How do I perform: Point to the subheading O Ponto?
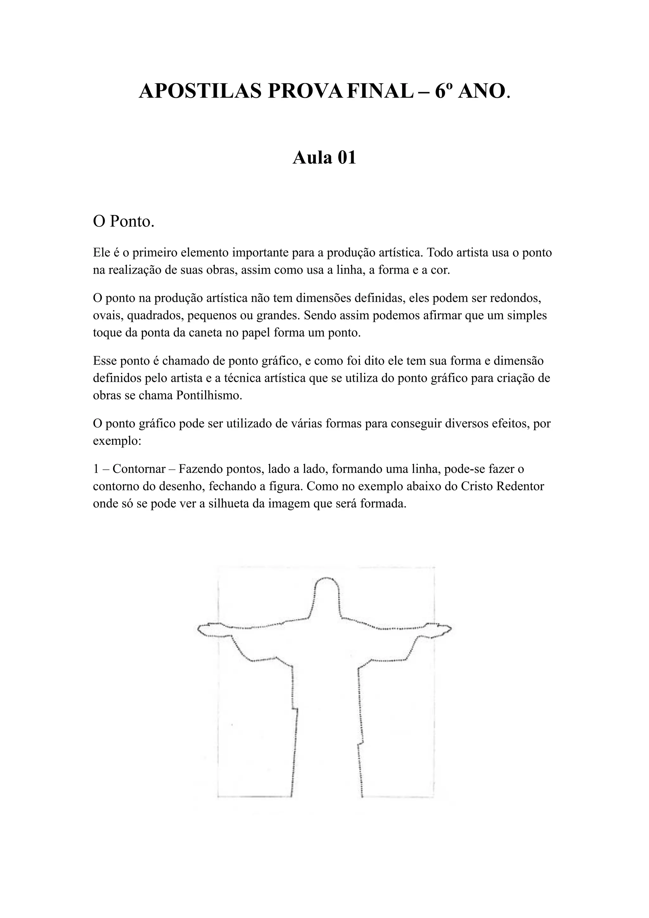(x=124, y=221)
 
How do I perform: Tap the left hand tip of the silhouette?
(x=200, y=630)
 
